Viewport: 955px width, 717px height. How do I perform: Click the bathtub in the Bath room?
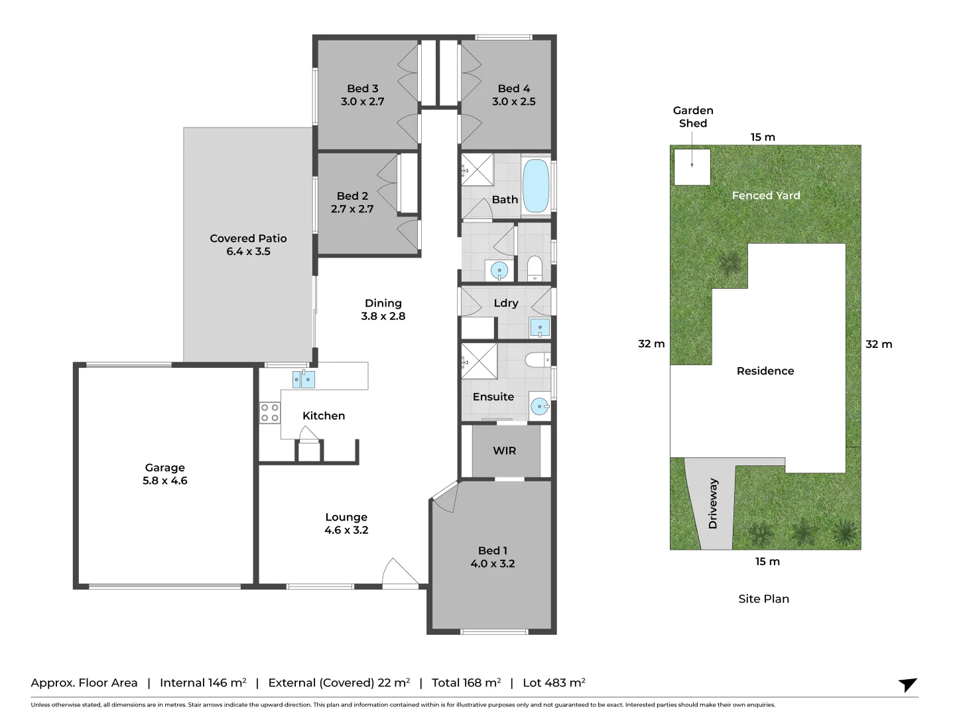536,186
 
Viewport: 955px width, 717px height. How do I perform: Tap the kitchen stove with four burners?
270,413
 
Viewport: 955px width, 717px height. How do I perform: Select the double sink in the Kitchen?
303,379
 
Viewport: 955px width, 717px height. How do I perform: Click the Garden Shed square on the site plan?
692,167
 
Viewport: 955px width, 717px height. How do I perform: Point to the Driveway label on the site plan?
713,504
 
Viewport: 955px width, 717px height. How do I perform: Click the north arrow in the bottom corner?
907,684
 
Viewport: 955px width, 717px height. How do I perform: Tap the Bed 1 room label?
493,551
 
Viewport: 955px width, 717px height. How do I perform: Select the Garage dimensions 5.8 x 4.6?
165,481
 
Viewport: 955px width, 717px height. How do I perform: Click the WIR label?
504,451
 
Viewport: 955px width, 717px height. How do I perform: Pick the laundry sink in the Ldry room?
540,327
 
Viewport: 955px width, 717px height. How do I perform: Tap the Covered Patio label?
248,238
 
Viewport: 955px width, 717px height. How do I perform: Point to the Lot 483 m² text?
554,682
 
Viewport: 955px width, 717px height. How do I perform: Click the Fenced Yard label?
766,195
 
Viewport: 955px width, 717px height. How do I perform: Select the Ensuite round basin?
540,407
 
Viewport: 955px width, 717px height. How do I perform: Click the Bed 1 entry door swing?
445,497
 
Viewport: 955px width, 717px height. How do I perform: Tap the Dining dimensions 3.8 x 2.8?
383,316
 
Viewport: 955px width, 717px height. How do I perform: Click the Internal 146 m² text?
203,682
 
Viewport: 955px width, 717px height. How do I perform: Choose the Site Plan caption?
763,599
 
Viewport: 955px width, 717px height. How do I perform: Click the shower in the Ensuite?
479,361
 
